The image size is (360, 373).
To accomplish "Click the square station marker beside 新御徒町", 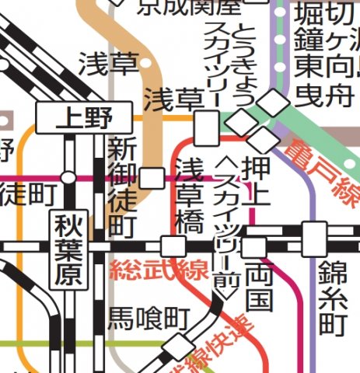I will pos(152,178).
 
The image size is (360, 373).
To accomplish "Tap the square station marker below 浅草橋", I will pos(173,246).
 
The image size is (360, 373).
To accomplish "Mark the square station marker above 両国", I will pos(253,247).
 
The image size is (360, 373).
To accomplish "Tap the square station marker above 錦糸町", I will pos(314,233).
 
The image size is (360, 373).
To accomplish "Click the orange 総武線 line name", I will pos(159,271).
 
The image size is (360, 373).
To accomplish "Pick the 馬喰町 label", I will pos(149,318).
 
